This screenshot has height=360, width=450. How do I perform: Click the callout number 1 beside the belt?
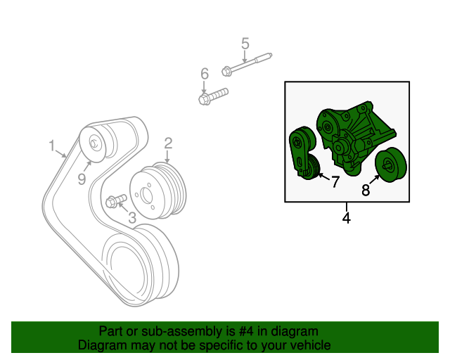(x=51, y=146)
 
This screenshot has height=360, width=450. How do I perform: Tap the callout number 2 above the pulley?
(x=168, y=143)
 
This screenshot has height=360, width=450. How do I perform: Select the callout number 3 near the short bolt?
(x=132, y=217)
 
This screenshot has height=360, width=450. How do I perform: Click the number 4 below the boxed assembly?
(x=347, y=218)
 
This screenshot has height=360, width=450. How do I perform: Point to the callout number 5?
(x=245, y=44)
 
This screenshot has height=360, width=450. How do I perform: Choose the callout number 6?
(x=205, y=74)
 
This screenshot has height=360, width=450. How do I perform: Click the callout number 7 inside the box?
(x=335, y=181)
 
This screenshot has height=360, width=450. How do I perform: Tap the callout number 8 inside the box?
(x=366, y=190)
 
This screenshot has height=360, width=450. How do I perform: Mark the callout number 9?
(x=82, y=179)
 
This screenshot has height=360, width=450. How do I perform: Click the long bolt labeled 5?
(x=247, y=64)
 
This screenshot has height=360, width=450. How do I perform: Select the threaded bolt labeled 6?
(x=213, y=96)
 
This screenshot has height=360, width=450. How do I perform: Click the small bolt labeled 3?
(x=116, y=200)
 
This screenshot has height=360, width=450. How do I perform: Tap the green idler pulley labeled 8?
(x=391, y=165)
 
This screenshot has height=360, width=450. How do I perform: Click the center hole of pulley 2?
(x=147, y=195)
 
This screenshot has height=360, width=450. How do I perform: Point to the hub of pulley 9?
(x=94, y=143)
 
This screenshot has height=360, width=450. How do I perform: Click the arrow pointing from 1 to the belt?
(x=61, y=153)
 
